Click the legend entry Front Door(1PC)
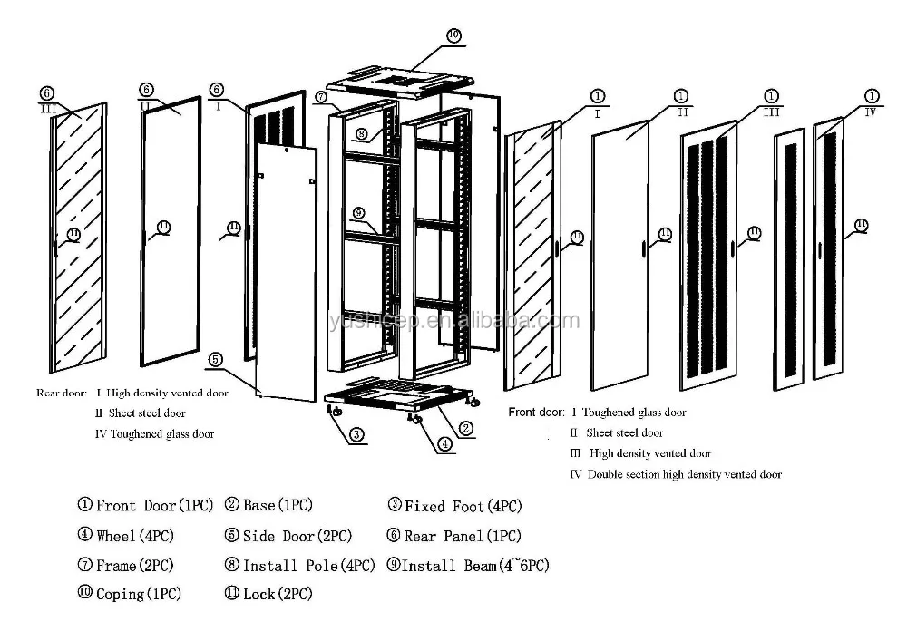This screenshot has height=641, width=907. (x=132, y=506)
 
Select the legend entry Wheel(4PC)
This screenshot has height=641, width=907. (x=125, y=536)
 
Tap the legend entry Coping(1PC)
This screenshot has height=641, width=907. (x=130, y=595)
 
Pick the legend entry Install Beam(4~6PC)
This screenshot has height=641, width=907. (x=468, y=566)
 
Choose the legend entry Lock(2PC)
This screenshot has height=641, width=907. (x=268, y=595)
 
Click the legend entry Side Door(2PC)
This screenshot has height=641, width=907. (x=288, y=536)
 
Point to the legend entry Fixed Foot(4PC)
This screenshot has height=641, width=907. (x=455, y=506)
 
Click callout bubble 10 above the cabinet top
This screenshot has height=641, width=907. (x=453, y=35)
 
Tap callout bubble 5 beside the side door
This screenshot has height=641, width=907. (x=215, y=359)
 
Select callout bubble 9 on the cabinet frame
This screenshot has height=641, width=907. (x=358, y=212)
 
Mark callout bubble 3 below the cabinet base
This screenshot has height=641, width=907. (x=357, y=434)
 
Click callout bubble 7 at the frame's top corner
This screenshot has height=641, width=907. (x=322, y=96)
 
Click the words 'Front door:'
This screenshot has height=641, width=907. (x=536, y=413)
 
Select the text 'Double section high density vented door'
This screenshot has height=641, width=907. (x=684, y=474)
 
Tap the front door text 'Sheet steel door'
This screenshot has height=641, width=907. (x=624, y=433)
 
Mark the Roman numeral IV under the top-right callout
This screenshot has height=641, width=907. (x=870, y=112)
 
